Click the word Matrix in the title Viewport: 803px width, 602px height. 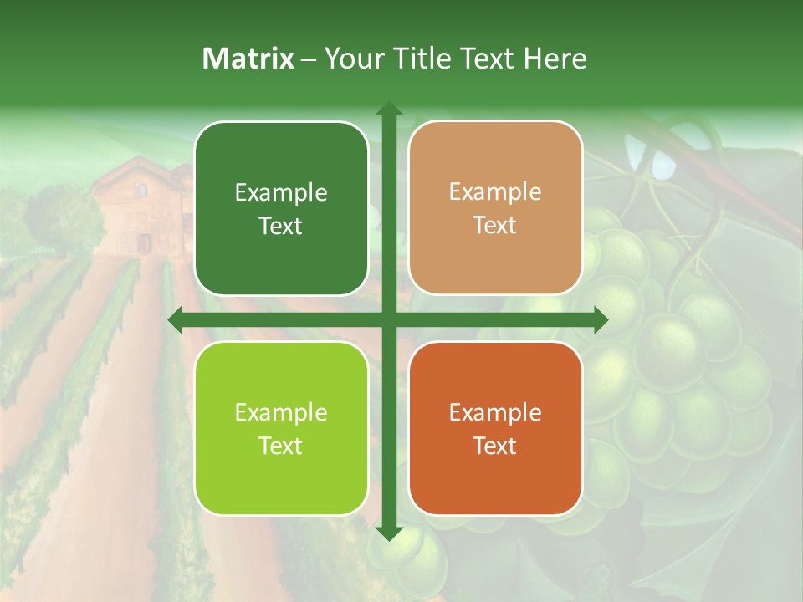click(248, 59)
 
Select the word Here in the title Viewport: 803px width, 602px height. click(555, 59)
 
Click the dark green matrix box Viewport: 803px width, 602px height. click(281, 209)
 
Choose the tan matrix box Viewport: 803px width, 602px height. click(495, 208)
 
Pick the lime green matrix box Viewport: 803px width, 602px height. click(281, 428)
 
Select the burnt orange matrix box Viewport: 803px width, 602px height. click(495, 428)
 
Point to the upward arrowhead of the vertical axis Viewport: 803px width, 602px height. click(388, 110)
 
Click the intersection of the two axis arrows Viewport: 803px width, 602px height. click(388, 319)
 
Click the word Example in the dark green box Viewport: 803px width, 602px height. click(281, 193)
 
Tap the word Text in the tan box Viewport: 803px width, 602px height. click(495, 226)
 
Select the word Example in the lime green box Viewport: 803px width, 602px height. click(281, 413)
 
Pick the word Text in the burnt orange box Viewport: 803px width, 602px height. click(495, 446)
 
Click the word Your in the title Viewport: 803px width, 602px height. click(350, 59)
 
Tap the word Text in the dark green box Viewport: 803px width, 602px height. click(281, 227)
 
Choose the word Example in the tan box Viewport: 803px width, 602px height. click(495, 192)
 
